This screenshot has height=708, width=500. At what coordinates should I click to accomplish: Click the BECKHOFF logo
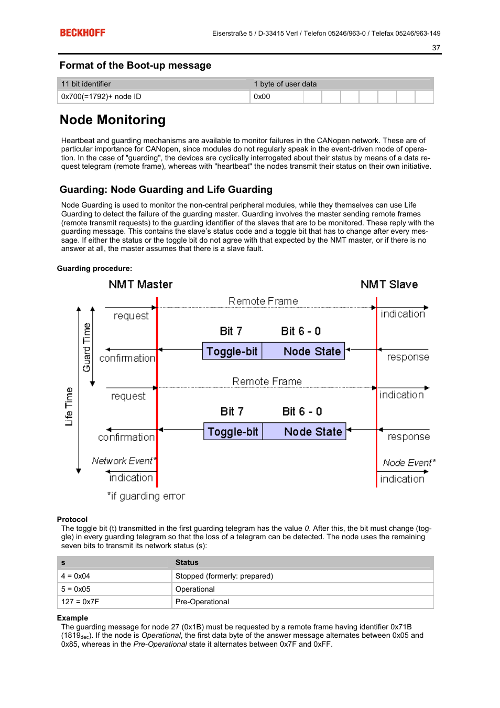pos(82,32)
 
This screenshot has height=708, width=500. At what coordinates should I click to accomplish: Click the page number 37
pos(436,48)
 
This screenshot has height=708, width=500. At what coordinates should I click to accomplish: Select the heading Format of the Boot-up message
pos(135,66)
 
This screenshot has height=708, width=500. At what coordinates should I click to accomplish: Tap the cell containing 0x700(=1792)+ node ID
pos(101,96)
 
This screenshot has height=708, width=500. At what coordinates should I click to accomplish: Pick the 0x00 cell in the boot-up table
pos(262,96)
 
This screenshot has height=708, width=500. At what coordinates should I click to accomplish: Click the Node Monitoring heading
pos(113,120)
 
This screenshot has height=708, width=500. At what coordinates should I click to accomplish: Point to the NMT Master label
pos(140,285)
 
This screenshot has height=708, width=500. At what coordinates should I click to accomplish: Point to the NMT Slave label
pos(389,285)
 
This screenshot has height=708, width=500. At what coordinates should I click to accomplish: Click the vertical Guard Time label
pos(86,347)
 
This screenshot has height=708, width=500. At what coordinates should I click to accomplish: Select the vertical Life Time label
pos(69,406)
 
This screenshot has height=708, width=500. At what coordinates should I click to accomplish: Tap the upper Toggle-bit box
pos(232,351)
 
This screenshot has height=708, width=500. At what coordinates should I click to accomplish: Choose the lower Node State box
pos(313,432)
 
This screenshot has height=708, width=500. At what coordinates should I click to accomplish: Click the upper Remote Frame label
pos(263,301)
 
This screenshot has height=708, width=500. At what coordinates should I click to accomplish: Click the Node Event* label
pos(409,463)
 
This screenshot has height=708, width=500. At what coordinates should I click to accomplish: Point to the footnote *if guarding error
pos(146,496)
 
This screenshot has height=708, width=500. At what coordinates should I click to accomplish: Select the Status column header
pos(187,562)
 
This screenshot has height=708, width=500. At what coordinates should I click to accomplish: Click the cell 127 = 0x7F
pos(80,602)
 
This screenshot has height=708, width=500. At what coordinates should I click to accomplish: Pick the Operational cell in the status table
pos(195,589)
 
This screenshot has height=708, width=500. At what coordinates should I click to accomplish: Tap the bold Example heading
pos(72,618)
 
